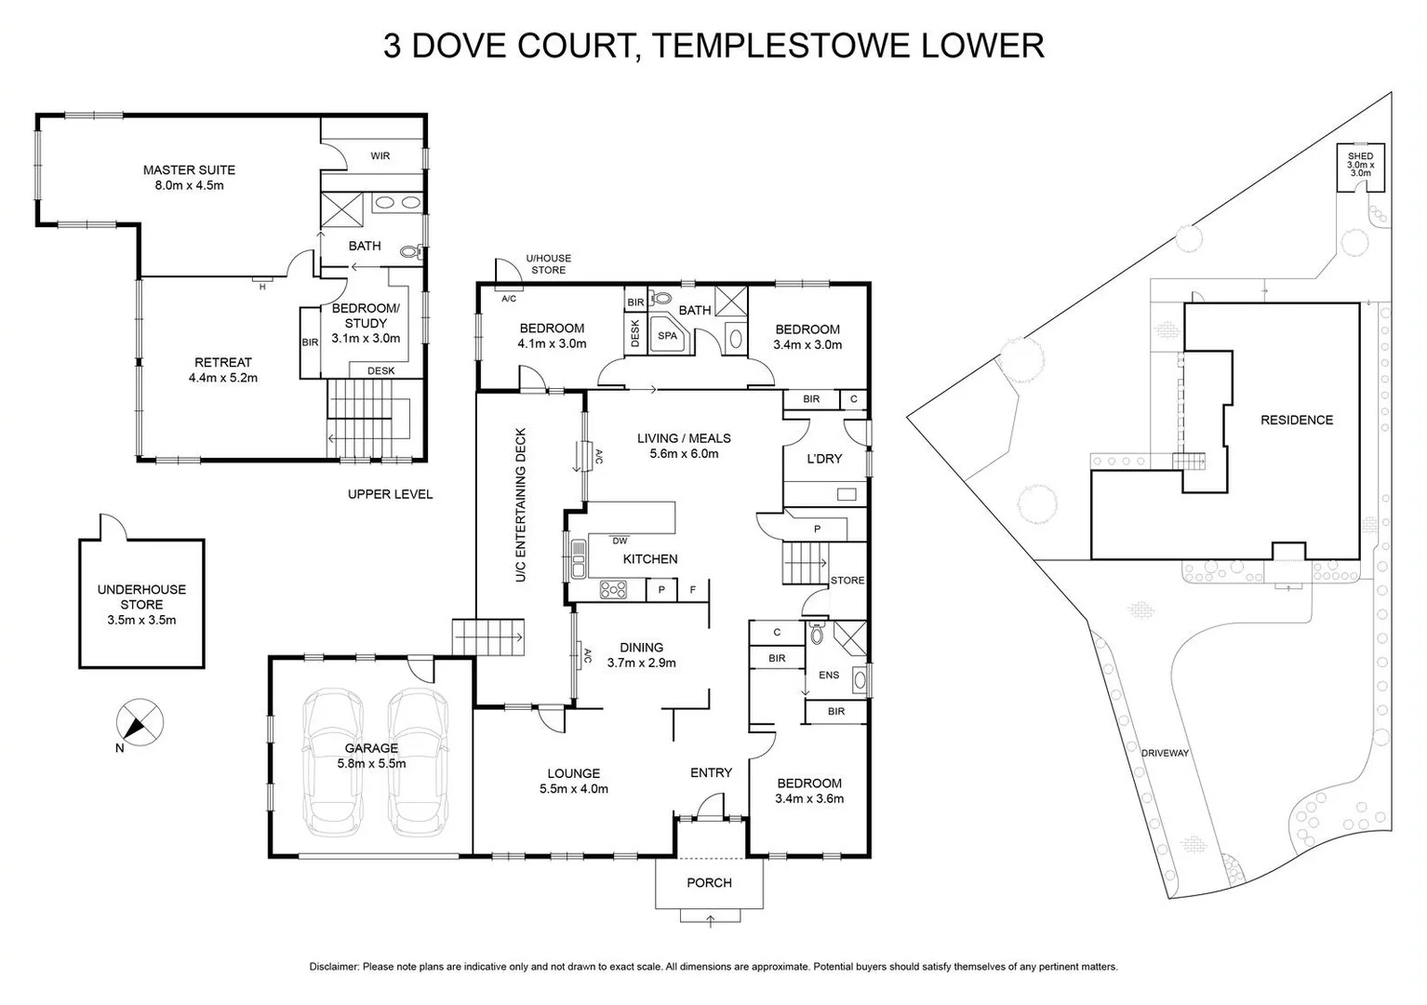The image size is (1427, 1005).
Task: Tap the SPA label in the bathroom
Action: (x=667, y=336)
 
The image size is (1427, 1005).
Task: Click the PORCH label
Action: (x=709, y=882)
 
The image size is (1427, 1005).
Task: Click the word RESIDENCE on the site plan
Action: (x=1296, y=420)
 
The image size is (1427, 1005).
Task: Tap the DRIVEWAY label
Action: (x=1165, y=753)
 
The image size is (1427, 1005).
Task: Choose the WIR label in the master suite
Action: (x=380, y=156)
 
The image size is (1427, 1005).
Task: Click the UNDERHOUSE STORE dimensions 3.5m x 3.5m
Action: (x=141, y=620)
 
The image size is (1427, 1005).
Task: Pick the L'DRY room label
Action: (x=824, y=459)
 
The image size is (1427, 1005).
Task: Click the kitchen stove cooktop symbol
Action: (x=613, y=589)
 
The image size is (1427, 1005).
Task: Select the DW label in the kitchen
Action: (x=620, y=541)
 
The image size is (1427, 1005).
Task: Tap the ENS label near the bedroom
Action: (x=828, y=676)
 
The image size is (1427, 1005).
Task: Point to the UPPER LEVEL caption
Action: (x=390, y=494)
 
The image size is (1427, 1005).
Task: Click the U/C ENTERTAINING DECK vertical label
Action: (x=521, y=505)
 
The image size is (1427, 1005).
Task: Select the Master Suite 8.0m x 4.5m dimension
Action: (x=189, y=185)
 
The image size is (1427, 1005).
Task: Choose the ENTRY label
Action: (x=711, y=772)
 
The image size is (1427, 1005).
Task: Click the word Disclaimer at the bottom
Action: (x=334, y=967)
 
